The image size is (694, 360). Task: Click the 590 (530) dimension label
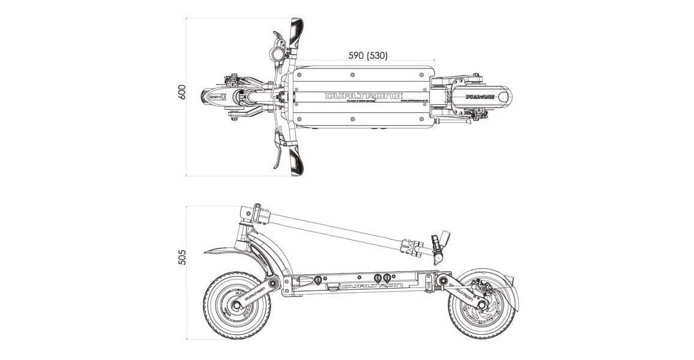pyautogui.click(x=367, y=55)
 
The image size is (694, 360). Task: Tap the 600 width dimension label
pyautogui.click(x=183, y=92)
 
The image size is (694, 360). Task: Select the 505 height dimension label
pyautogui.click(x=183, y=256)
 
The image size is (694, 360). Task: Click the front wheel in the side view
pyautogui.click(x=237, y=305)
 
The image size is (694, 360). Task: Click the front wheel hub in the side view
pyautogui.click(x=237, y=305)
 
